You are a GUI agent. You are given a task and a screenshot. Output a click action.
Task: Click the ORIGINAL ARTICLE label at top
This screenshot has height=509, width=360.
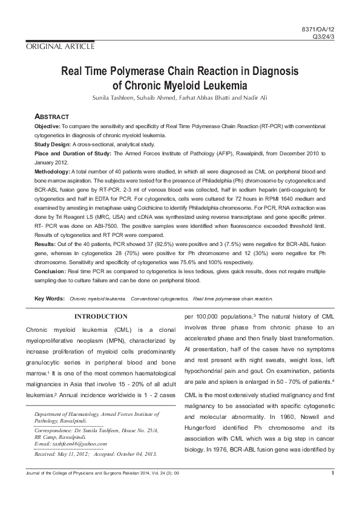point(59,47)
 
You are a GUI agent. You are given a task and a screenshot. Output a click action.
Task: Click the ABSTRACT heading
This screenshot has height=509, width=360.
point(52,117)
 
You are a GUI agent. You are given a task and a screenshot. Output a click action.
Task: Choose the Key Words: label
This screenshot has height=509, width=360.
point(50,299)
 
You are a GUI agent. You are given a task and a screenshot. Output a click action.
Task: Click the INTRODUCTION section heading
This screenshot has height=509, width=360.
point(100,316)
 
